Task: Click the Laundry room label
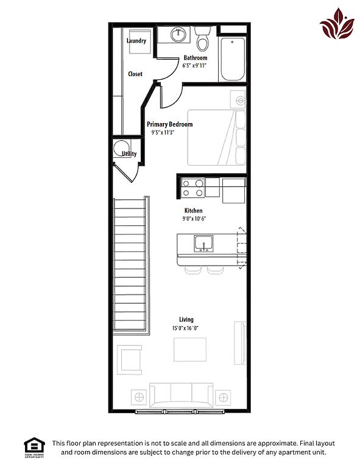136,41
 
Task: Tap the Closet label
135,74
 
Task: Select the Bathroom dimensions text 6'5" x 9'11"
194,65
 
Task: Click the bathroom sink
178,35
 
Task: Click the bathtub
233,58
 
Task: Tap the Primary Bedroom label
170,124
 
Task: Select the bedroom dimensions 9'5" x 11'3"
163,132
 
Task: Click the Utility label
129,154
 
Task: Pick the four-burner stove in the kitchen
192,188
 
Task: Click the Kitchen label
193,210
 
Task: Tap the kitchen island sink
203,243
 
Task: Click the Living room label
186,320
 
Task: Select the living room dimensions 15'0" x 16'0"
185,328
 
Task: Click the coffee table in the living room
190,350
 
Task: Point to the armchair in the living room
130,360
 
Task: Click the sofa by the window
182,395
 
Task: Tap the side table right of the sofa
223,397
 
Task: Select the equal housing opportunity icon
34,447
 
